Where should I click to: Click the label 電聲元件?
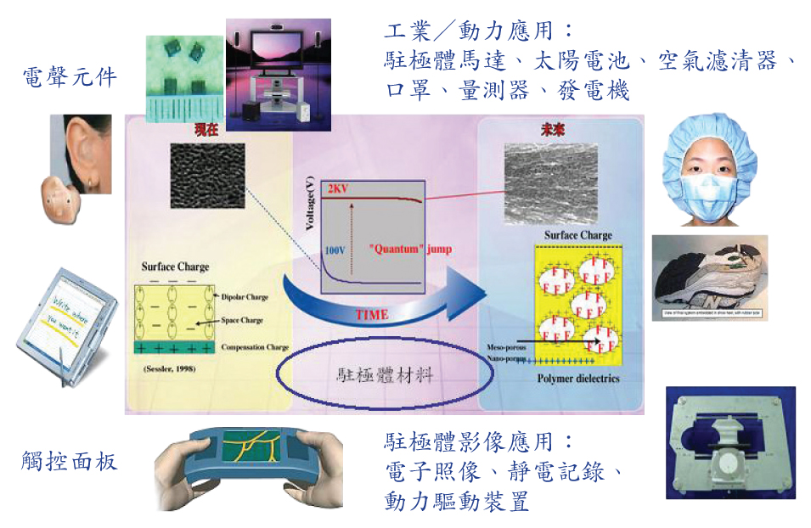click(70, 79)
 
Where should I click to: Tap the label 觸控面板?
click(70, 462)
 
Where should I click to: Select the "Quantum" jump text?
click(410, 250)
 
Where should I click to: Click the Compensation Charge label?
click(254, 347)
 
